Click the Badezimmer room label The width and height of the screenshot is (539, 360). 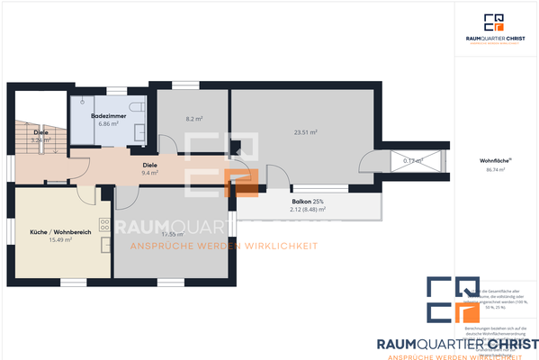[108, 116]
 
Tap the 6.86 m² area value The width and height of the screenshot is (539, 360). [108, 123]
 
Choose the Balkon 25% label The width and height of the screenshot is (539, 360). [307, 201]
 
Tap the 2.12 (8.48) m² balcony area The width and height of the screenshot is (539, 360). [307, 209]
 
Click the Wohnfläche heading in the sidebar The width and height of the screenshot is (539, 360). [493, 161]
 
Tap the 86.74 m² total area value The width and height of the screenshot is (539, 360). [493, 169]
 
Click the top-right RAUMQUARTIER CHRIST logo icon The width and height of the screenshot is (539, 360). [493, 22]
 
